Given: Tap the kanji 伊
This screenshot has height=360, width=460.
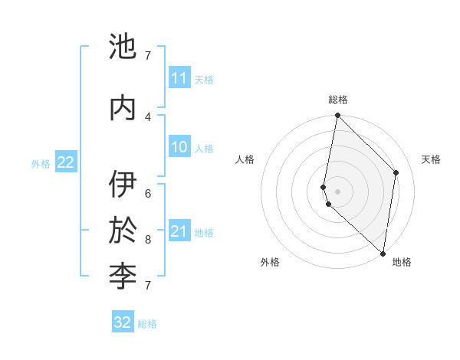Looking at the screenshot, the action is coord(123,185).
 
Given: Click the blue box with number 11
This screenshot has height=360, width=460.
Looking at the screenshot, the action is coord(179,78).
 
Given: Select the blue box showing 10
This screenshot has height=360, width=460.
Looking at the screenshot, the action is coord(179,147).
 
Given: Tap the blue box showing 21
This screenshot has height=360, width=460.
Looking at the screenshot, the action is coord(179,231).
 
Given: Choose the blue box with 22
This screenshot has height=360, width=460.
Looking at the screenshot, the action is coord(65,162).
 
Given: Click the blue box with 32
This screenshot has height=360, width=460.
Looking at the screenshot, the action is coord(123,322).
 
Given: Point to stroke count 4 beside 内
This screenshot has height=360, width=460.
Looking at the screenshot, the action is coord(148,116).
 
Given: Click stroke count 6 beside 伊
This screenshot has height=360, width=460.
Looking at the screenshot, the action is coord(148,194).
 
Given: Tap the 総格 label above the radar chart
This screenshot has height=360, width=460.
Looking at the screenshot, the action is coord(337,100).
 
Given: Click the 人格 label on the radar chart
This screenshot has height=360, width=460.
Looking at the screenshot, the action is coord(245,159).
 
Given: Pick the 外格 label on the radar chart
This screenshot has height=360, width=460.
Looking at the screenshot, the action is coord(270,262).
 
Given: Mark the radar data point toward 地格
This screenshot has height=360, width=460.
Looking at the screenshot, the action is coord(383,254).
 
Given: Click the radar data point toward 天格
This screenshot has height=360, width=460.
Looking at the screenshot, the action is coord(396,172).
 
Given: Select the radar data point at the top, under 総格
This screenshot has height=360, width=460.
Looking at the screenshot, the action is coord(337,116).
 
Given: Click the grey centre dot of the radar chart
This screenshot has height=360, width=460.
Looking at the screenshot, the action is coord(337,191).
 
